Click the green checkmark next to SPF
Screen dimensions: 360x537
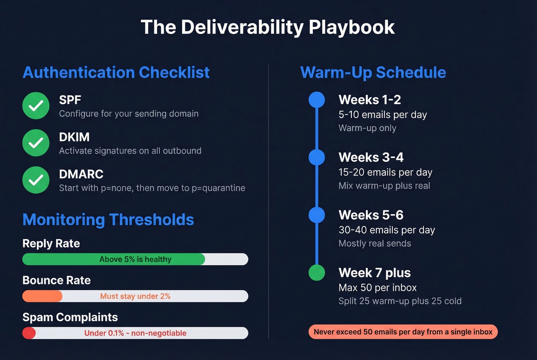click(x=36, y=106)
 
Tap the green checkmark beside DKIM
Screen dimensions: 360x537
click(x=36, y=143)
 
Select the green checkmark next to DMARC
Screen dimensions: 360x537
click(x=36, y=180)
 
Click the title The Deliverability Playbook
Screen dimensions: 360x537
click(x=268, y=27)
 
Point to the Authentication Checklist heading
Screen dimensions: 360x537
click(x=116, y=72)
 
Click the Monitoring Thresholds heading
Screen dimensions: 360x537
click(x=108, y=220)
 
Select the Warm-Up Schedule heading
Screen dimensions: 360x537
click(x=373, y=72)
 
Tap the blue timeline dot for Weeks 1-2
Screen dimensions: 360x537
click(x=317, y=100)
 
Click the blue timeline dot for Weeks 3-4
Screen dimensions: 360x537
click(x=317, y=157)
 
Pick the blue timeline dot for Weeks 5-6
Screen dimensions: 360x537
click(x=317, y=215)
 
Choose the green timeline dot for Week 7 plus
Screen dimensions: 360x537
click(x=317, y=273)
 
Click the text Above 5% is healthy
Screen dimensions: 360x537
click(x=135, y=260)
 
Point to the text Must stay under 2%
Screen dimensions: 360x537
click(x=135, y=296)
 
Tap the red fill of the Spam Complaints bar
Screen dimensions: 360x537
click(x=29, y=333)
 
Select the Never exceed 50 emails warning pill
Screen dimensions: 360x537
click(x=403, y=332)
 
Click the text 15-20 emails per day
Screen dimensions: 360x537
click(x=385, y=173)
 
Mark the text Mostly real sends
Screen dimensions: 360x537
click(x=375, y=243)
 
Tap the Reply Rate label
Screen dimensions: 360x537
click(x=51, y=243)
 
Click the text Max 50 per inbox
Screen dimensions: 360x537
click(x=377, y=288)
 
